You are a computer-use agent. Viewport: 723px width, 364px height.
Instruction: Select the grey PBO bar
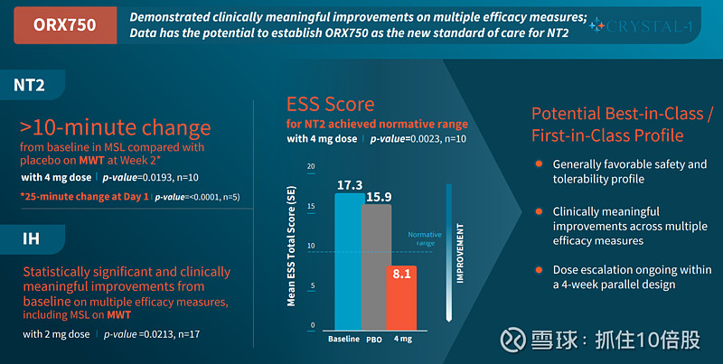pyautogui.click(x=377, y=267)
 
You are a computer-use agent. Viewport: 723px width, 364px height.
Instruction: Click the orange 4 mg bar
pyautogui.click(x=402, y=298)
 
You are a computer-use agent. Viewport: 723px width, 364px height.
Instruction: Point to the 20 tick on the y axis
pyautogui.click(x=311, y=167)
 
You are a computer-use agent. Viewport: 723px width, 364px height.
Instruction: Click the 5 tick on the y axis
pyautogui.click(x=312, y=286)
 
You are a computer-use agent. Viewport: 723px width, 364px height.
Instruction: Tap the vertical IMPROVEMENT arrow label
pyautogui.click(x=460, y=260)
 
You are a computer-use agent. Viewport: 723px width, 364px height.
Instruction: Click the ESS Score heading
pyautogui.click(x=330, y=104)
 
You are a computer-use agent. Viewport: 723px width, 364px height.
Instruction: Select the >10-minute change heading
pyautogui.click(x=116, y=126)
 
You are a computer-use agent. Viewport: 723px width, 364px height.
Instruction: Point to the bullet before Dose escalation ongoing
pyautogui.click(x=539, y=270)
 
